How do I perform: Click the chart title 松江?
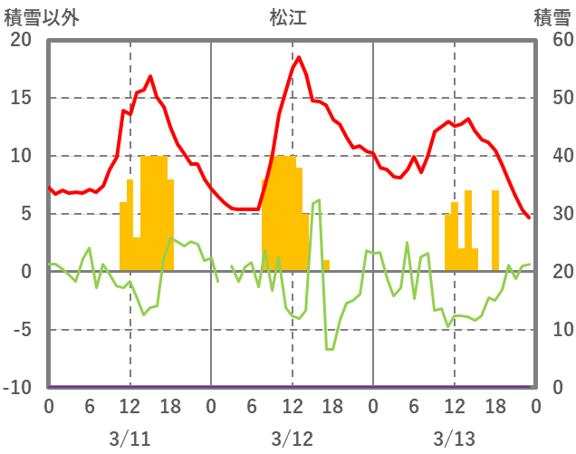point(288,16)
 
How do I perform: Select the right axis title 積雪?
point(552,16)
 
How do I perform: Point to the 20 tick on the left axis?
point(20,40)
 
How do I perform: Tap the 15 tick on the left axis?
point(20,98)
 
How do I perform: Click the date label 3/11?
point(130,439)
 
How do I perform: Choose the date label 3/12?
point(292,439)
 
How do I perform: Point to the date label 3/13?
point(454,439)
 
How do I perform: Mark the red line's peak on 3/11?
point(150,76)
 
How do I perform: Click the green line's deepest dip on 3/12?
point(330,349)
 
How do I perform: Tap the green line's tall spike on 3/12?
point(319,200)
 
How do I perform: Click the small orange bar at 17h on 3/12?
point(326,266)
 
